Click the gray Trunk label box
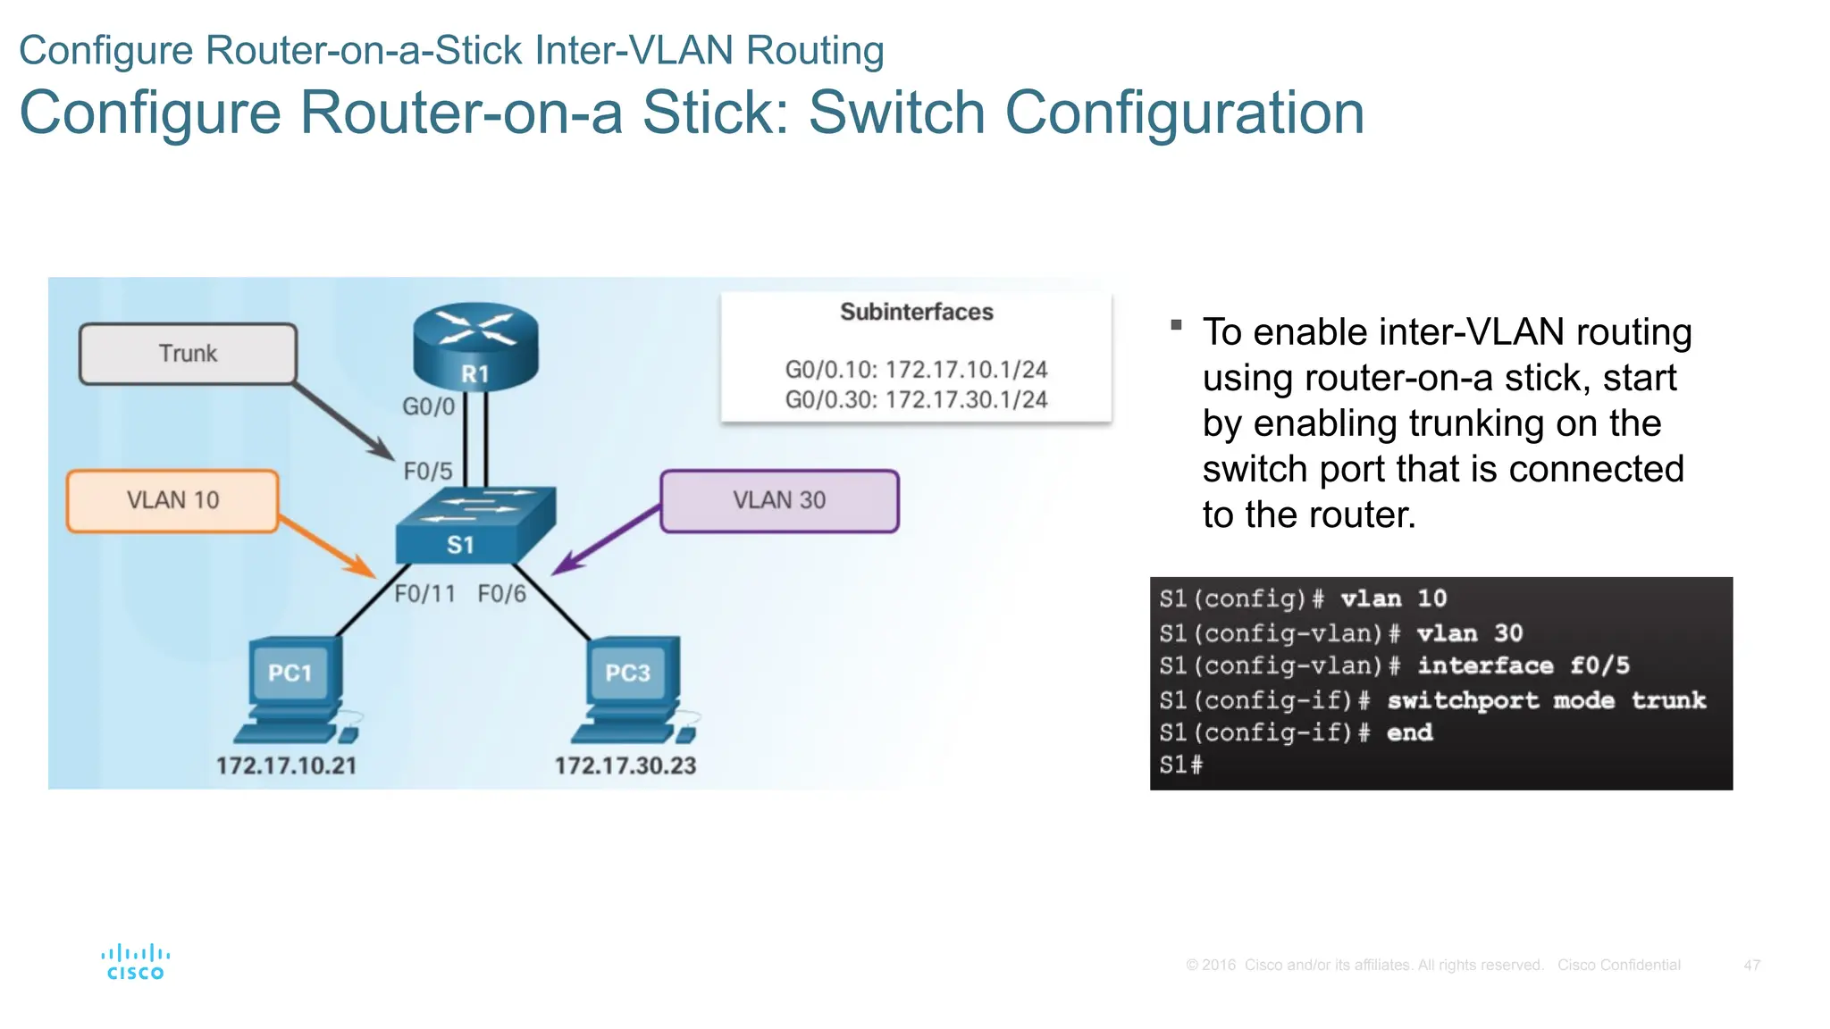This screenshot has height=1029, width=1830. click(188, 354)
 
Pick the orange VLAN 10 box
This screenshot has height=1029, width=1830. click(172, 500)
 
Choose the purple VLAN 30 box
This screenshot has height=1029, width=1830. click(779, 500)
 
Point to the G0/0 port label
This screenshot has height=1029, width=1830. click(428, 406)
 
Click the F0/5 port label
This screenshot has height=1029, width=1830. click(428, 471)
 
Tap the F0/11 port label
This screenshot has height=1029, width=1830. click(425, 594)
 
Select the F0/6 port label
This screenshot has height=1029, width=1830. click(501, 594)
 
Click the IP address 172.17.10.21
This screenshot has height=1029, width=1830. click(286, 765)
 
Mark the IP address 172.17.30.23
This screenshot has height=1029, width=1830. click(625, 765)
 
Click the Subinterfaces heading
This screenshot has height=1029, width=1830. click(916, 312)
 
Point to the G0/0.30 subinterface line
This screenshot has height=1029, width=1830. click(916, 399)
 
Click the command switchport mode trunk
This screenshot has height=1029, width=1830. click(1546, 700)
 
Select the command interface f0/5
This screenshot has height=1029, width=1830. click(1524, 665)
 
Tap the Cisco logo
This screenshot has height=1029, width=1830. click(136, 963)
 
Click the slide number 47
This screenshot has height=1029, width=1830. click(1751, 965)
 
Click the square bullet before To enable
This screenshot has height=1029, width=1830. click(1176, 325)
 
